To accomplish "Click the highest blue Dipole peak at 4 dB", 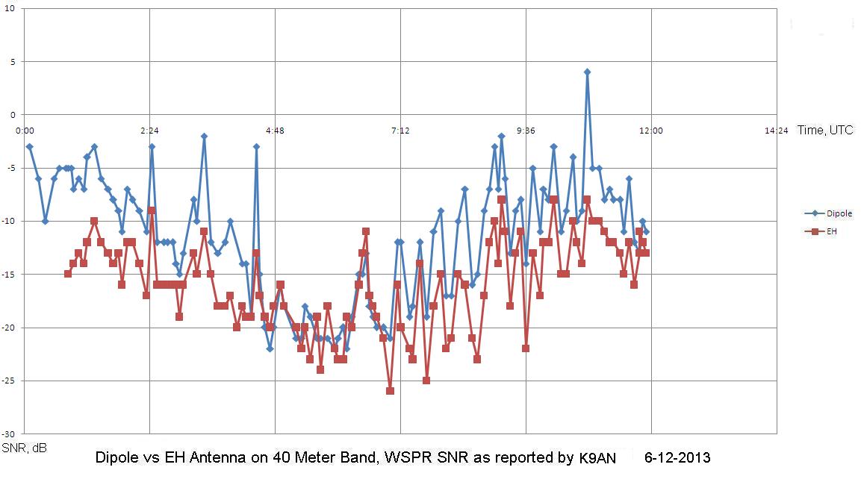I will tap(587, 72).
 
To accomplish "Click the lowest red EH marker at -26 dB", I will tap(390, 391).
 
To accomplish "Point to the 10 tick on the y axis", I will tap(11, 9).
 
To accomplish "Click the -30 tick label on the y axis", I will tap(9, 434).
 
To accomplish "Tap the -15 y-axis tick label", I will tap(9, 275).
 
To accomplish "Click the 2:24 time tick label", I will tap(149, 131).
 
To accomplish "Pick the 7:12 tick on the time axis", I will tap(400, 131).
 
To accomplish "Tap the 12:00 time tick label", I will tap(651, 131).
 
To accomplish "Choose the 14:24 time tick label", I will tap(777, 131).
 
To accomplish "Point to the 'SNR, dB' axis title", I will tap(24, 448).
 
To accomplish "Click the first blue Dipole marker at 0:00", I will tap(29, 146).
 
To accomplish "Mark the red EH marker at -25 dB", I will tap(426, 381).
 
